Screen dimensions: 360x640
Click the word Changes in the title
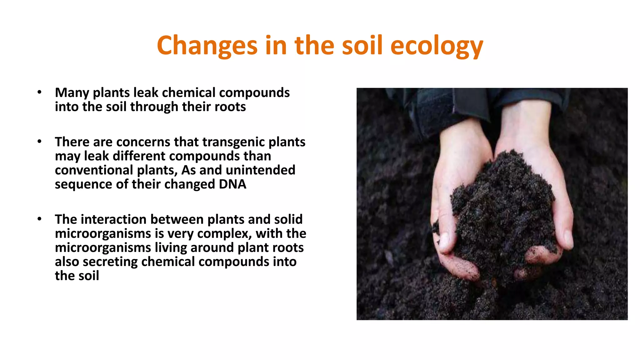tap(207, 46)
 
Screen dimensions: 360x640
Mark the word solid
tap(288, 219)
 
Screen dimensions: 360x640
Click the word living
tap(171, 247)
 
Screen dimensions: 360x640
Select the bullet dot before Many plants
tap(39, 92)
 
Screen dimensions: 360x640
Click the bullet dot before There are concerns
tap(39, 142)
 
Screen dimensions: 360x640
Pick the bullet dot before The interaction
tap(39, 219)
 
